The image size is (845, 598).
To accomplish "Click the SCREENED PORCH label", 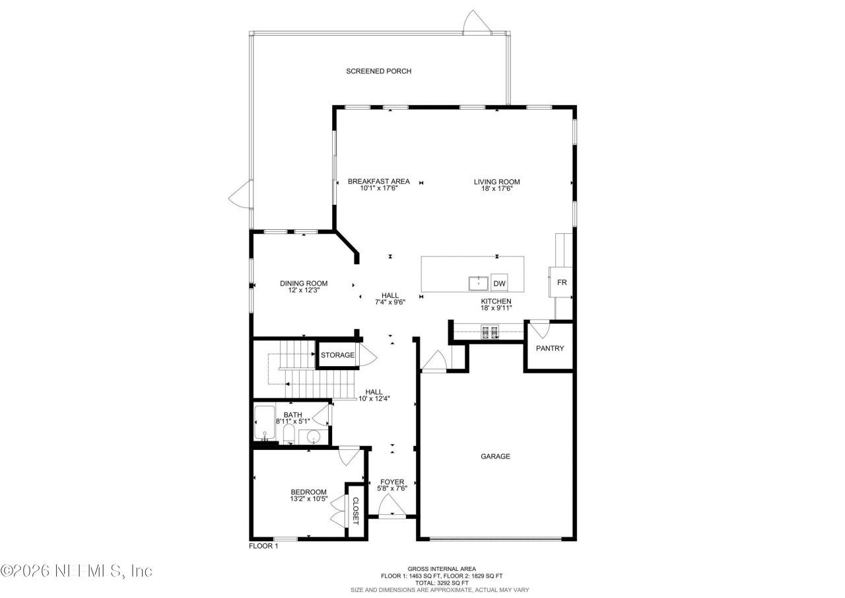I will point(378,71).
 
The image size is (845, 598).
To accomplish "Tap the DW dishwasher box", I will point(500,283).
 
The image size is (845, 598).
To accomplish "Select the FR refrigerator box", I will point(562,283).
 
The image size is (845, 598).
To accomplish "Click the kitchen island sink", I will point(479,283).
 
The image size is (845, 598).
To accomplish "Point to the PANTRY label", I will point(549,348).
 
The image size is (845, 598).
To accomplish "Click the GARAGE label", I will point(495,456).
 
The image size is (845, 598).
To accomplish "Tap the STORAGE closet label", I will point(337,355).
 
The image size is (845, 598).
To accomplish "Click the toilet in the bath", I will point(289,435).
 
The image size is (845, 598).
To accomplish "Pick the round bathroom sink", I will point(313,437).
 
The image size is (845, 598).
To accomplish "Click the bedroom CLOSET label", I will point(355,510).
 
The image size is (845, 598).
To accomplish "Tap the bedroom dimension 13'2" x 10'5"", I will point(309,499).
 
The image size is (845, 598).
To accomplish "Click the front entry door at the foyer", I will point(391,507).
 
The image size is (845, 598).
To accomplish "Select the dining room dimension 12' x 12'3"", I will point(304,291).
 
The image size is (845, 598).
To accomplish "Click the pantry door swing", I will point(540,328).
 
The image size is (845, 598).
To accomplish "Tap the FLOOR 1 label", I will point(263,546).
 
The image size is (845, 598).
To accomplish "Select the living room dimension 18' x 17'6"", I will point(497,188).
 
